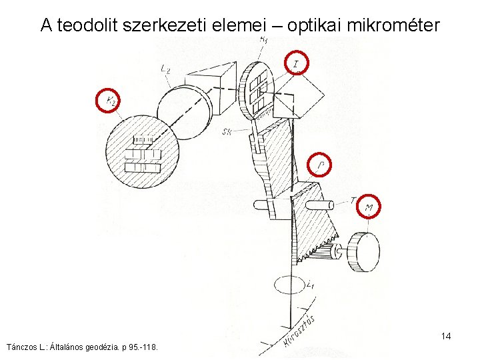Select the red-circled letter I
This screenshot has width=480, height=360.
[297, 63]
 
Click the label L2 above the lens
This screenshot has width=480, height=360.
[166, 67]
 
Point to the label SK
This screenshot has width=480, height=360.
[227, 132]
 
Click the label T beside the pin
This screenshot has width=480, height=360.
[353, 199]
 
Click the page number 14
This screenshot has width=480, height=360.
[446, 336]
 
